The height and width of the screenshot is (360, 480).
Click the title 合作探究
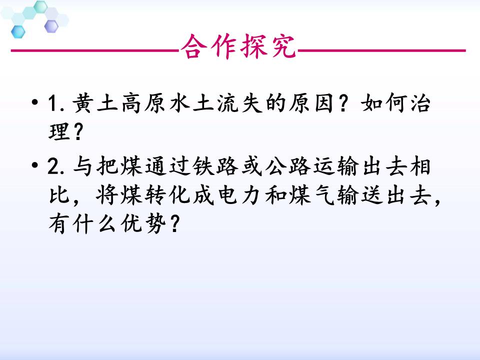(239, 48)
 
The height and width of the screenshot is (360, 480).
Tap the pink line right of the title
(382, 50)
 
